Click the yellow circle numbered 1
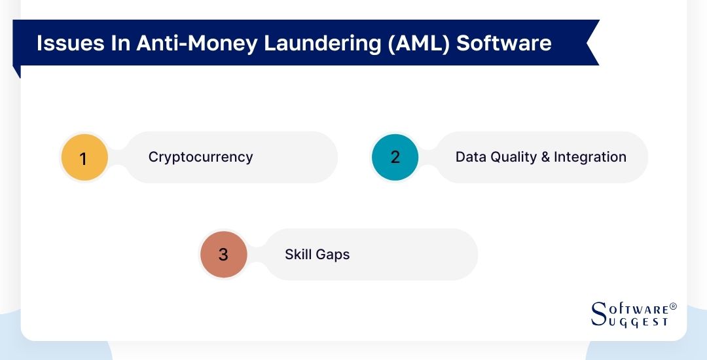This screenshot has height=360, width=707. click(x=84, y=158)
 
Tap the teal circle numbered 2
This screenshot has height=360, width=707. click(x=395, y=157)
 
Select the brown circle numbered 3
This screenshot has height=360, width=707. click(x=223, y=254)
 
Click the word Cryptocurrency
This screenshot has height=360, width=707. click(x=200, y=157)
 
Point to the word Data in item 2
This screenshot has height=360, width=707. click(x=469, y=157)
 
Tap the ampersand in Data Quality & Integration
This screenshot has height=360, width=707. click(x=545, y=157)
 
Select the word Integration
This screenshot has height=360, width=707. click(x=590, y=157)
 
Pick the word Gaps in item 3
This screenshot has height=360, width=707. click(x=334, y=254)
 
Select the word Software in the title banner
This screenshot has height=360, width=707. click(x=504, y=43)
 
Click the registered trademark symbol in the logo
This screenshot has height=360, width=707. click(x=673, y=306)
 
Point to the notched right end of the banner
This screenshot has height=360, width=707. click(x=591, y=43)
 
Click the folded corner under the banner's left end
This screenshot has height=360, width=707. click(x=17, y=71)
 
